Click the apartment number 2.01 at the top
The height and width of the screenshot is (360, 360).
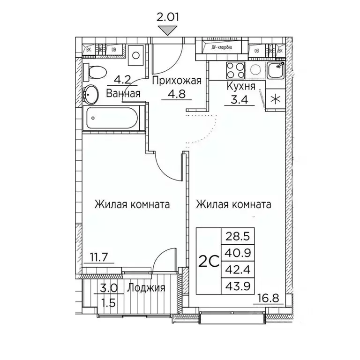tap(167, 18)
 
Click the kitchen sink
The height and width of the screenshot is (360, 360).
tap(276, 71)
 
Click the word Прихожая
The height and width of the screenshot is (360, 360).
tap(176, 81)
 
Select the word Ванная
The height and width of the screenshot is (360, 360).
tap(123, 93)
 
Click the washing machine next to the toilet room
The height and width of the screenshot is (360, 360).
tap(135, 55)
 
